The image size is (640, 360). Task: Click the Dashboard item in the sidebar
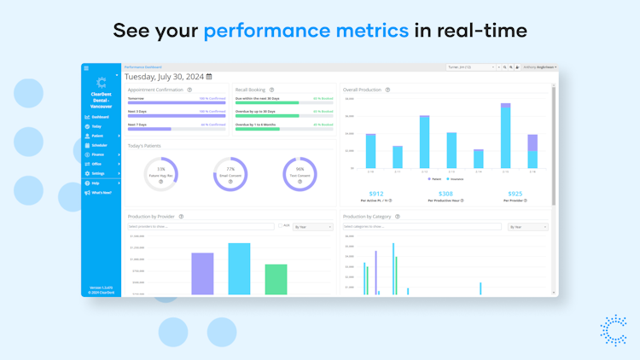(100, 117)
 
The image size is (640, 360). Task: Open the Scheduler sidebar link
(100, 145)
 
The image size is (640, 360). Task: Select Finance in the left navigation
(98, 154)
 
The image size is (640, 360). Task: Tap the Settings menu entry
(98, 173)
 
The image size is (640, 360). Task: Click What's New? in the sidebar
(101, 193)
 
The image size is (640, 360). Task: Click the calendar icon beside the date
(209, 77)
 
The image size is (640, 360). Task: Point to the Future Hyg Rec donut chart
(160, 174)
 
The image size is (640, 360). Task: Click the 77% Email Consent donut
(230, 174)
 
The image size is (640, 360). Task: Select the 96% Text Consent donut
(300, 174)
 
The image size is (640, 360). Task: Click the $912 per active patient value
(376, 194)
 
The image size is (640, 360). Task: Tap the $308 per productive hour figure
(445, 194)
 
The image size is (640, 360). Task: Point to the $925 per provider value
(514, 194)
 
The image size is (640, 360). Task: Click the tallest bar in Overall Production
(506, 136)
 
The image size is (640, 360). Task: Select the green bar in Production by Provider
(276, 279)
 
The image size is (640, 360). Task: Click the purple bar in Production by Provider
(202, 273)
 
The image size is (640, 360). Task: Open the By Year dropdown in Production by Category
(527, 227)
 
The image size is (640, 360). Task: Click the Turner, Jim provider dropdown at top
(470, 67)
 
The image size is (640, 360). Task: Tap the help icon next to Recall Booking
(272, 90)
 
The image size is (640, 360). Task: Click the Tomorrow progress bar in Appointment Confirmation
(177, 103)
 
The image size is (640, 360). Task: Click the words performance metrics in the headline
(305, 32)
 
